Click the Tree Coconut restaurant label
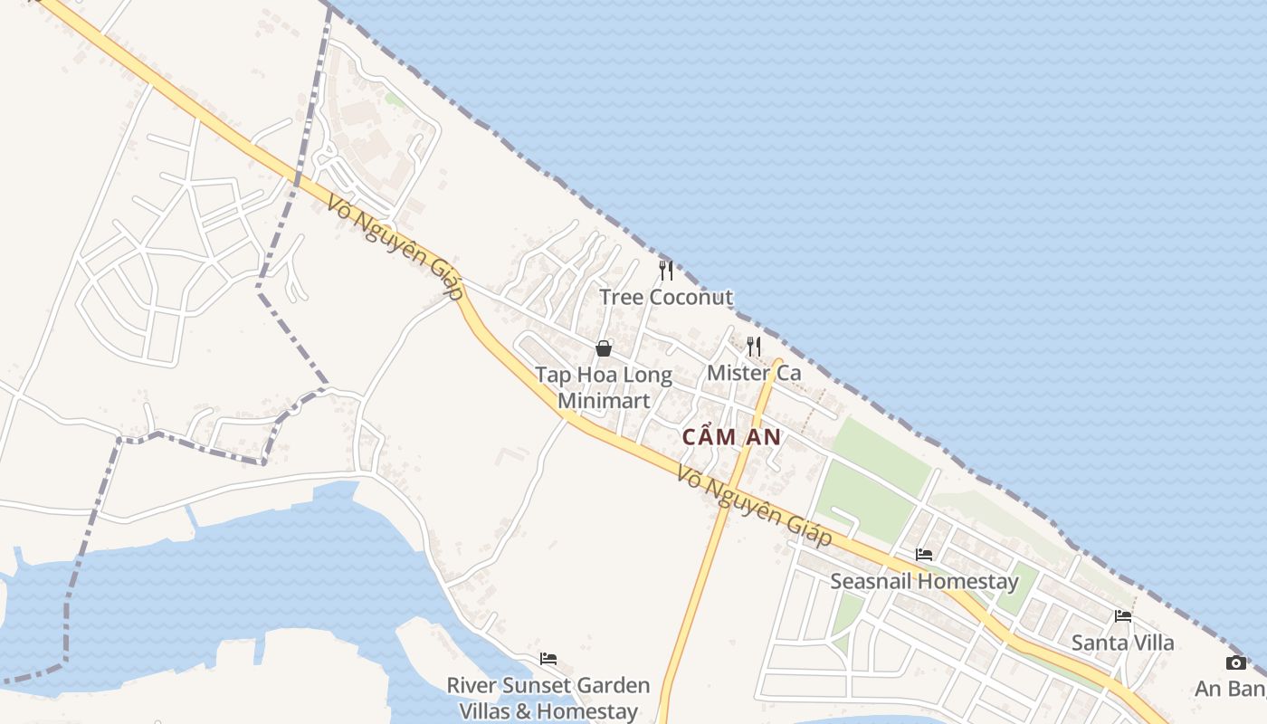(x=666, y=297)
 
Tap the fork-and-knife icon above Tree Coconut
(x=666, y=270)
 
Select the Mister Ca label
(x=754, y=372)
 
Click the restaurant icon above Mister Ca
(x=754, y=346)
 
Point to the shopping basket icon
(x=604, y=348)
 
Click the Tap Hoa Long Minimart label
(x=604, y=387)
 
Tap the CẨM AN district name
(x=731, y=437)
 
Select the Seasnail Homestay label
(x=924, y=581)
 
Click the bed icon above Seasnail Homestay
(x=924, y=555)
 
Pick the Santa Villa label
(x=1122, y=643)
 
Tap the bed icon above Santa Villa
(x=1123, y=616)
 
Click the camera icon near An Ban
(x=1236, y=663)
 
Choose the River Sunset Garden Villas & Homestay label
(x=548, y=699)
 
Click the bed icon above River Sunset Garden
(x=548, y=659)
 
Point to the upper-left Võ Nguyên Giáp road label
(x=395, y=247)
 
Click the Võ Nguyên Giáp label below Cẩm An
(x=754, y=507)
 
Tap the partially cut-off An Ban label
(x=1230, y=689)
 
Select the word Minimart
(x=604, y=400)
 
